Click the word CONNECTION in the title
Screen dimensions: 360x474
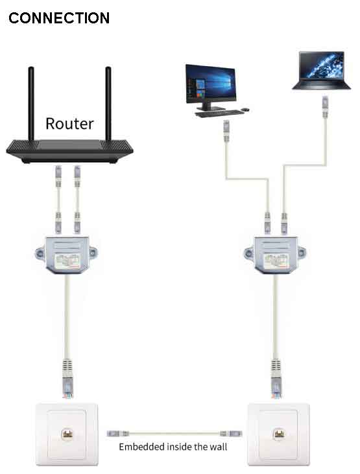(x=59, y=18)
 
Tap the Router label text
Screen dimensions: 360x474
(x=69, y=124)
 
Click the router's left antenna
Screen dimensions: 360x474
(x=31, y=104)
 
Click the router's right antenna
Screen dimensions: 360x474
(x=108, y=104)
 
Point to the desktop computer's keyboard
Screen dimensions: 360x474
(x=219, y=113)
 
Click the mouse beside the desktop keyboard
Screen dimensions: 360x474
(x=245, y=110)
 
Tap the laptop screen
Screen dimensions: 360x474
(x=321, y=66)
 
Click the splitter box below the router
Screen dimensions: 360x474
(x=67, y=255)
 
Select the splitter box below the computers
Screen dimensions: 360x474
(x=274, y=255)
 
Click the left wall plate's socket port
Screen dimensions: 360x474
(x=67, y=434)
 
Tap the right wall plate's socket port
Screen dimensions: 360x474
(x=279, y=434)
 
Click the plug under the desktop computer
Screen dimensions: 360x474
(x=226, y=130)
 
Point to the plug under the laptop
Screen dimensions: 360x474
(x=325, y=107)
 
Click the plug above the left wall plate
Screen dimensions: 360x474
(x=67, y=378)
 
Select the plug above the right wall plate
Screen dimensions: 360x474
(x=276, y=378)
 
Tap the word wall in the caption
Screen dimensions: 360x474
(x=219, y=447)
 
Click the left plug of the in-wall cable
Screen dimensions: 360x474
(x=118, y=434)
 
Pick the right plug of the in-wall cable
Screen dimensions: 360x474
(x=231, y=434)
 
